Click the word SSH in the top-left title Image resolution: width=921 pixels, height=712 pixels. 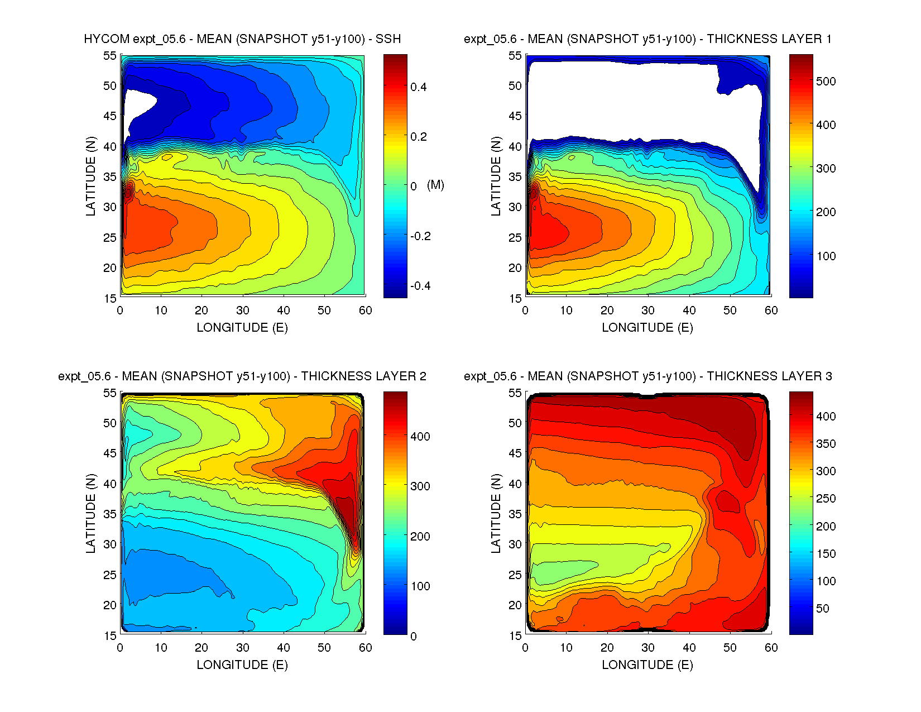pyautogui.click(x=388, y=39)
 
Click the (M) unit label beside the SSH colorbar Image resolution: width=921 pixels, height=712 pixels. pyautogui.click(x=435, y=185)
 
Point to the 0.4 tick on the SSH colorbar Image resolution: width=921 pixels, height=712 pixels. pyautogui.click(x=419, y=87)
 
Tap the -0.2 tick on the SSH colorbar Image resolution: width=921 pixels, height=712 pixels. pyautogui.click(x=420, y=236)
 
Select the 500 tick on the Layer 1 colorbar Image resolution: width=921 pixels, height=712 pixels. pyautogui.click(x=826, y=81)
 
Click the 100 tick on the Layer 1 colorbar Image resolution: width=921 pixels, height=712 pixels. pyautogui.click(x=826, y=256)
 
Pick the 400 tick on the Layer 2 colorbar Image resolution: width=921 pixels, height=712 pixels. pyautogui.click(x=420, y=436)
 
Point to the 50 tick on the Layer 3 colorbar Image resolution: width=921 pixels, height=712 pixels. pyautogui.click(x=822, y=608)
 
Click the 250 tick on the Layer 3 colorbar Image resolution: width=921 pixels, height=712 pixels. pyautogui.click(x=826, y=498)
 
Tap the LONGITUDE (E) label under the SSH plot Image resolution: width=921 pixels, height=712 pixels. pyautogui.click(x=242, y=328)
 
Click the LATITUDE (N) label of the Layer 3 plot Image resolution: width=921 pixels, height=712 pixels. pyautogui.click(x=496, y=513)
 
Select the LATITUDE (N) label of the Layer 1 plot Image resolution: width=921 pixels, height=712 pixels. pyautogui.click(x=496, y=176)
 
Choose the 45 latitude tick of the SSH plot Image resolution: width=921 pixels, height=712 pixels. pyautogui.click(x=109, y=116)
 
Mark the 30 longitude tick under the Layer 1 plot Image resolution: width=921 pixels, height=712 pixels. pyautogui.click(x=648, y=310)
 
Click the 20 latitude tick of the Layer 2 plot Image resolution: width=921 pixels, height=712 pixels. pyautogui.click(x=109, y=605)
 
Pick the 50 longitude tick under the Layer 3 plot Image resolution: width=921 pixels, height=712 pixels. pyautogui.click(x=730, y=648)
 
